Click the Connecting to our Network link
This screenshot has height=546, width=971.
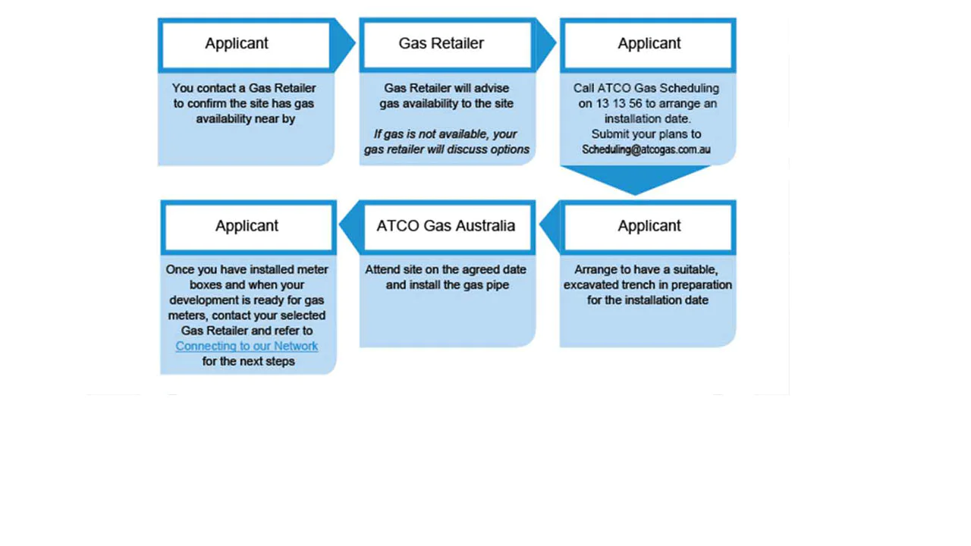pyautogui.click(x=247, y=346)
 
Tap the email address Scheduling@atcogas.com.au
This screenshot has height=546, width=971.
pyautogui.click(x=646, y=149)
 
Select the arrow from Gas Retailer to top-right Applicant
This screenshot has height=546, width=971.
pyautogui.click(x=545, y=44)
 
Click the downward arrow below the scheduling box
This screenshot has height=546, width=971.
pyautogui.click(x=636, y=180)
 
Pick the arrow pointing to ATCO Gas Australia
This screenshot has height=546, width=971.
pyautogui.click(x=549, y=225)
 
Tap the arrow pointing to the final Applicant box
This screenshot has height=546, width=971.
pyautogui.click(x=349, y=225)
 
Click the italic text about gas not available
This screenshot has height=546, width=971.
pyautogui.click(x=446, y=142)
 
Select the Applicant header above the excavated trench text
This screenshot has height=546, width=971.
pyautogui.click(x=649, y=226)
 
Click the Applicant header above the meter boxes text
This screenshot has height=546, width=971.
pyautogui.click(x=247, y=226)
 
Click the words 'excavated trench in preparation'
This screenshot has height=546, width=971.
pyautogui.click(x=647, y=285)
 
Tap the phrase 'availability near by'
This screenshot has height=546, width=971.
pyautogui.click(x=246, y=119)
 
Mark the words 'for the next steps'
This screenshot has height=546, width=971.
pyautogui.click(x=248, y=362)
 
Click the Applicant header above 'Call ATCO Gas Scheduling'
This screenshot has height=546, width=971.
pyautogui.click(x=649, y=44)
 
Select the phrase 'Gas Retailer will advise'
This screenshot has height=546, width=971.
pyautogui.click(x=446, y=88)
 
